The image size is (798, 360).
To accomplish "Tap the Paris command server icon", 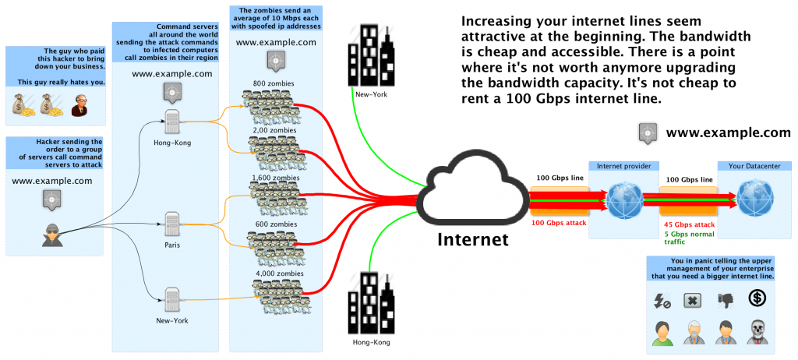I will click(x=172, y=223).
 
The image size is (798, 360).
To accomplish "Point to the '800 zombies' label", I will click(x=274, y=83).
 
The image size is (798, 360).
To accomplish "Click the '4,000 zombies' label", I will click(x=274, y=274).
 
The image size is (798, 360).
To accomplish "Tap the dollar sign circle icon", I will click(x=756, y=298).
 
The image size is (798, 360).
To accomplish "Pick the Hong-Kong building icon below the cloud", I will click(x=370, y=304).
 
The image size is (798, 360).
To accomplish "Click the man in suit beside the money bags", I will click(x=79, y=105).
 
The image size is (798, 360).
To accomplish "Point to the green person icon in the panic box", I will click(x=661, y=332).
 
